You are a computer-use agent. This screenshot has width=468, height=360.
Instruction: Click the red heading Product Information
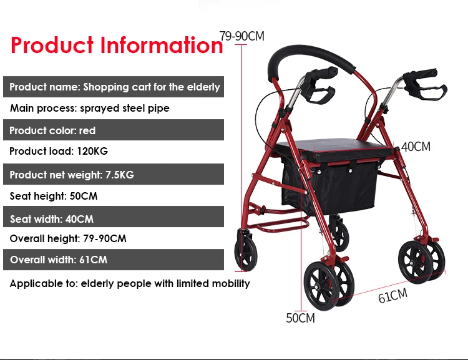[117, 45]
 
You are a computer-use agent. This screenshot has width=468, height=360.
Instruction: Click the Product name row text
[114, 87]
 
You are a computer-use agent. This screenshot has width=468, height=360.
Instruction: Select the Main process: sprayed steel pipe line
[89, 108]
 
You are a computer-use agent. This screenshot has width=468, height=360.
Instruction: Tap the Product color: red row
[52, 130]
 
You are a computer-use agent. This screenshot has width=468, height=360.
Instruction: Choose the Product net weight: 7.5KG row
[71, 175]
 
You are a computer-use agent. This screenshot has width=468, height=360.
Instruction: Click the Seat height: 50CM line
[53, 196]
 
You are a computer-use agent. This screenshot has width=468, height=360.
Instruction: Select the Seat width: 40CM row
[52, 219]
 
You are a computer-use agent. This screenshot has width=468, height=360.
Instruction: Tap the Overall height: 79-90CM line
[67, 238]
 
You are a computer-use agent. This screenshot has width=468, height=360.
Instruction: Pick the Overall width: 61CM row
[58, 260]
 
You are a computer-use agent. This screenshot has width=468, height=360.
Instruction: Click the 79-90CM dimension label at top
[241, 36]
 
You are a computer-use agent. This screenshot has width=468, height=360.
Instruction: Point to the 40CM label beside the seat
[416, 147]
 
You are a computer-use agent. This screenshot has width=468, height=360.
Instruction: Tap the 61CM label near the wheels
[392, 295]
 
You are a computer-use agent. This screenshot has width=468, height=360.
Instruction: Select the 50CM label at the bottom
[300, 318]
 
